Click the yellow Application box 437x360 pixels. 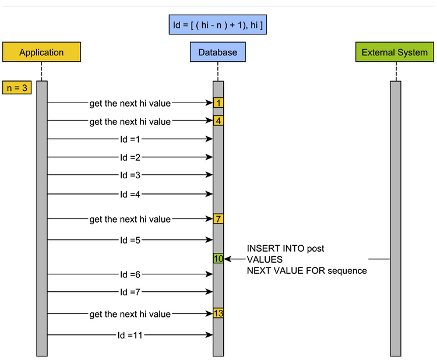pos(41,52)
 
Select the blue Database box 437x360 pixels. pos(218,52)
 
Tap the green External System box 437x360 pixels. pos(394,52)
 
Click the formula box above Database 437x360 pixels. pos(218,25)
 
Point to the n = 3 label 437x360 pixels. pos(17,87)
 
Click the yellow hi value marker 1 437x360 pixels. pos(218,103)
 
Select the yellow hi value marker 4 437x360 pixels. pos(218,121)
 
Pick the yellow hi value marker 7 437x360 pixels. pos(218,218)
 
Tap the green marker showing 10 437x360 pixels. pos(218,259)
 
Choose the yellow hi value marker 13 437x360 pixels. pos(218,313)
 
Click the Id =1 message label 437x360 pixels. pos(130,139)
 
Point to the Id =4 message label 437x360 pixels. pos(130,194)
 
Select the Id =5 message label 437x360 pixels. pos(130,240)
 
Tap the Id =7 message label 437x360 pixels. pos(130,292)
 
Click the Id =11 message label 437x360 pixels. pos(130,335)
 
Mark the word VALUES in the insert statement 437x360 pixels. pos(265,259)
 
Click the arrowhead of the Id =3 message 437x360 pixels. pos(209,175)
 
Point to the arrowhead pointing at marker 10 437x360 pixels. pos(227,259)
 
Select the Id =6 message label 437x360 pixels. pos(130,274)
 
